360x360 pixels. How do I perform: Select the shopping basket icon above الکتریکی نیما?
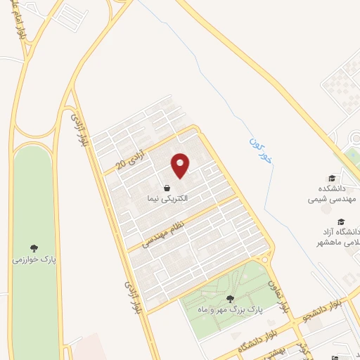(x=167, y=188)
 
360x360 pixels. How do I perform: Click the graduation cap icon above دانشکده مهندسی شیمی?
(x=331, y=179)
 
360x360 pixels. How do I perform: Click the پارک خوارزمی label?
(x=33, y=259)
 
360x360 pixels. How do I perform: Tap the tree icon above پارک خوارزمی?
(x=33, y=247)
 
